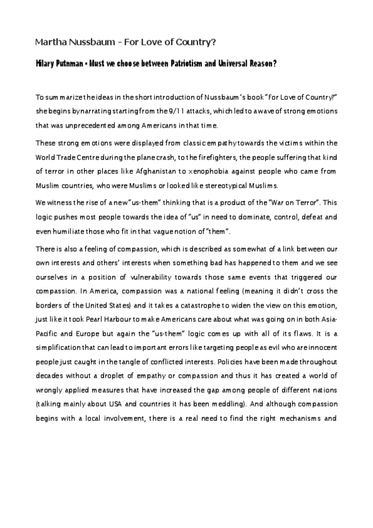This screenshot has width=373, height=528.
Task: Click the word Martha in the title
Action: (x=50, y=42)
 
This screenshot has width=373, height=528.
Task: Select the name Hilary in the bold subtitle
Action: (x=45, y=65)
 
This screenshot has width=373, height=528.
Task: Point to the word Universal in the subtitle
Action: (x=234, y=65)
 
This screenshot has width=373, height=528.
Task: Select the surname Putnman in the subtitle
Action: (x=79, y=65)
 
